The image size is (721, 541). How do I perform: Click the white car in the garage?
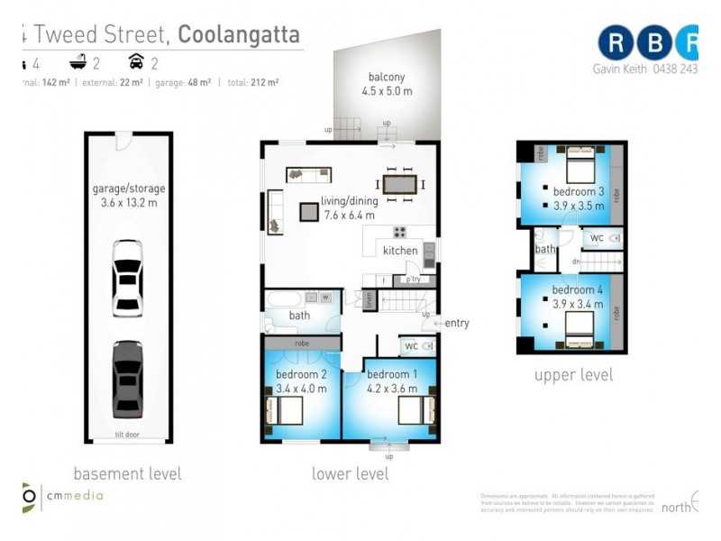point(127,278)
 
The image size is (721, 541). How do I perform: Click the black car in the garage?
point(127,379)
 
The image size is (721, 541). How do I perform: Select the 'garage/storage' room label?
point(128,189)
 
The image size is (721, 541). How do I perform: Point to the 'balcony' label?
point(387,77)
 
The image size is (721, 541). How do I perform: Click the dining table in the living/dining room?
point(400,185)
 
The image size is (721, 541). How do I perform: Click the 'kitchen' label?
point(400,251)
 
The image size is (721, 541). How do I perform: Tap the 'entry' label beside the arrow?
point(457,324)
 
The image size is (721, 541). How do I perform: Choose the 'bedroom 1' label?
point(392,374)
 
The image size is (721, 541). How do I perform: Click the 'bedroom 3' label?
point(578,191)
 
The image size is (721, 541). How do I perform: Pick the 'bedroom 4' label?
point(578,289)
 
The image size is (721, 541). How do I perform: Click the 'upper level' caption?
point(573,375)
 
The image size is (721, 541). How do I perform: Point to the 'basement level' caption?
point(127,473)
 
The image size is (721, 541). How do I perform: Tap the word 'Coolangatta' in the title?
point(240,35)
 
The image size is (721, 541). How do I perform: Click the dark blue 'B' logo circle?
point(653,42)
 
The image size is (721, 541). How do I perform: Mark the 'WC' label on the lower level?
point(411,345)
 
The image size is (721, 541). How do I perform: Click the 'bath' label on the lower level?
point(299,316)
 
